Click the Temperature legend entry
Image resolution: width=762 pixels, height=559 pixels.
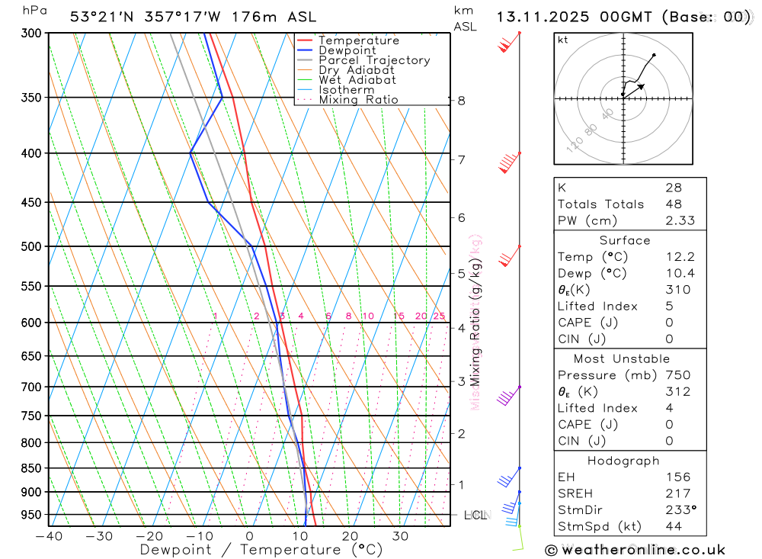358,40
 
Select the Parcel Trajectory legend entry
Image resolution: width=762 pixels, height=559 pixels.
374,60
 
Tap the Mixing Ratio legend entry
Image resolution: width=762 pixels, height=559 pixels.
358,99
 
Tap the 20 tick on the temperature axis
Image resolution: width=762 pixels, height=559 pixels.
350,536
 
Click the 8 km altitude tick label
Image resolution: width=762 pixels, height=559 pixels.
462,100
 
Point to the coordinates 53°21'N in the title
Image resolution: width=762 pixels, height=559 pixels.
101,16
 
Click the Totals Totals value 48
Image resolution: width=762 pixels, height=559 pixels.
673,204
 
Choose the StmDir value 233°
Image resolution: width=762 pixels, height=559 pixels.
677,510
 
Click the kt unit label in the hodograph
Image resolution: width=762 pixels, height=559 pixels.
563,40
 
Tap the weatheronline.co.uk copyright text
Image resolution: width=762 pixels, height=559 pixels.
636,549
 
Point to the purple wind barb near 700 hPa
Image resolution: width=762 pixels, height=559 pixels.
506,397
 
